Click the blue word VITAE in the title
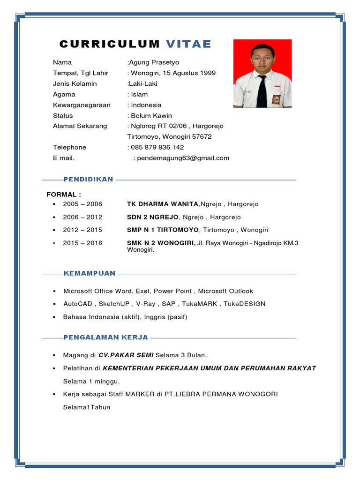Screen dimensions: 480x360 coord(189,45)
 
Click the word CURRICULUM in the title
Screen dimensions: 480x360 coord(110,45)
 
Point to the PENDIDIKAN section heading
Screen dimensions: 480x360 coord(89,180)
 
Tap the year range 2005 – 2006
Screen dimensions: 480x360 coord(82,204)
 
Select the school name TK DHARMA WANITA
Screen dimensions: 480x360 coord(163,204)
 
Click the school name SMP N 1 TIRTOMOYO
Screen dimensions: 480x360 coord(163,230)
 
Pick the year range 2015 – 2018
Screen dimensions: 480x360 coord(82,243)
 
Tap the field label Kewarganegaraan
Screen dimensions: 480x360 coord(82,105)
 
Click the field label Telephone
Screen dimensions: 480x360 coord(69,147)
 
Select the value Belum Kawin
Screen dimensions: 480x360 coord(151,116)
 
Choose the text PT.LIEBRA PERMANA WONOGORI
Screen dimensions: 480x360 coord(221,394)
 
